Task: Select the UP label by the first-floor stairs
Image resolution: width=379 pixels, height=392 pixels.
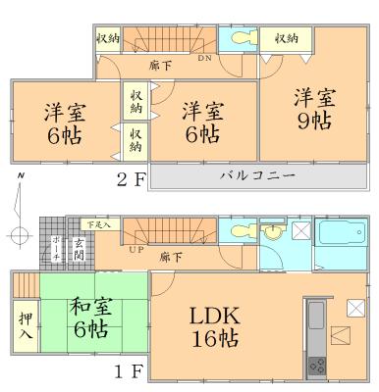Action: (135, 250)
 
